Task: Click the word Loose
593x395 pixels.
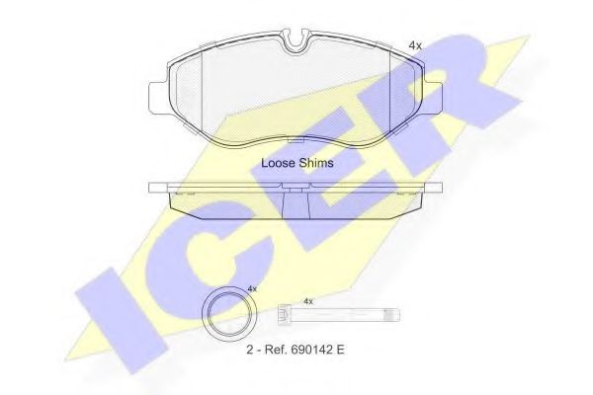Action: pos(278,163)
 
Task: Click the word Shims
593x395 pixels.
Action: pos(316,163)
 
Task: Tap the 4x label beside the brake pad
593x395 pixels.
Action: pos(415,45)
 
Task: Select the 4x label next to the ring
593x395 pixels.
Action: pos(252,288)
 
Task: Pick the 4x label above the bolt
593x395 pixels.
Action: pos(308,301)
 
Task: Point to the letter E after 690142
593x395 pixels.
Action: pos(341,350)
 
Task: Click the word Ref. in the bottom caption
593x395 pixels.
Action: pos(276,350)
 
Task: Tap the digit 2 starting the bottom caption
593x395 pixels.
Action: pos(250,350)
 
